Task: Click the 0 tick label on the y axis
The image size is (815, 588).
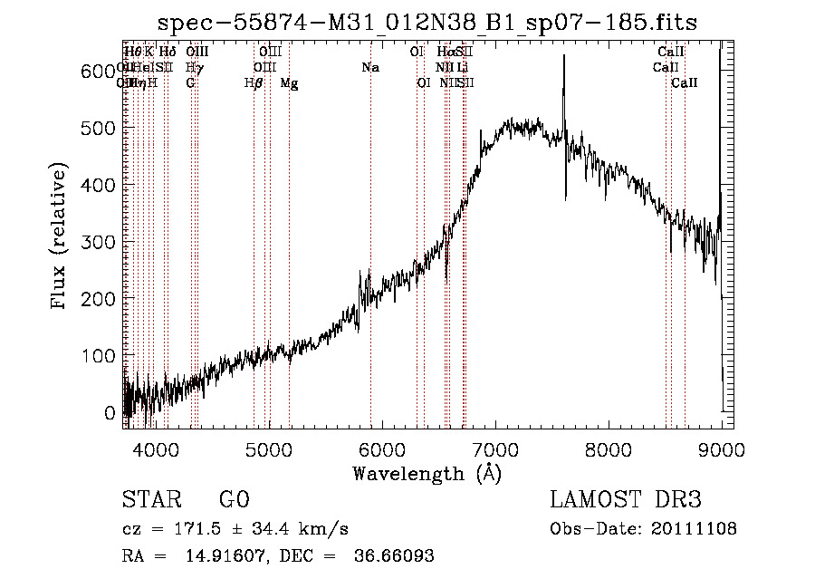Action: coord(110,412)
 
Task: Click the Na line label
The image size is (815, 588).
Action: coord(369,68)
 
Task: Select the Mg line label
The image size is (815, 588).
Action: coord(289,83)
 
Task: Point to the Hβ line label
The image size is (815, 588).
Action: coord(254,83)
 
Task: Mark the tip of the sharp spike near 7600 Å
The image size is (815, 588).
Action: coord(563,56)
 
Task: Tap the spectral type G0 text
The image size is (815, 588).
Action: coord(234,500)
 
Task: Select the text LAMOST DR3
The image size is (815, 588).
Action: coord(626,500)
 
